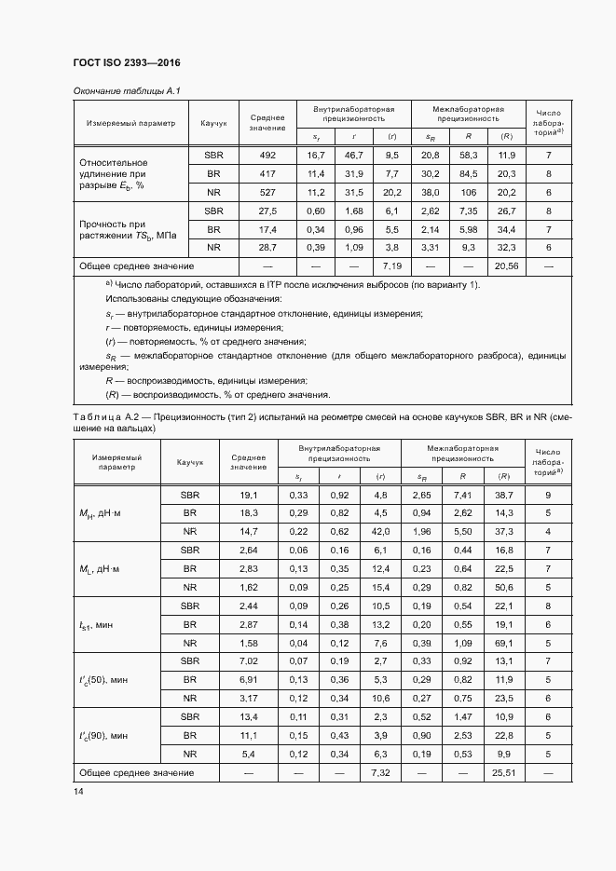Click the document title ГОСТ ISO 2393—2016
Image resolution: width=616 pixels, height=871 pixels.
point(126,63)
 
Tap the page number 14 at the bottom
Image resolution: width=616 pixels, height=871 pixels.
point(78,791)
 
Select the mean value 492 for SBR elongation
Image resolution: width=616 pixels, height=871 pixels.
point(267,155)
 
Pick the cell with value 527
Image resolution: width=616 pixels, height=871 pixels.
point(267,193)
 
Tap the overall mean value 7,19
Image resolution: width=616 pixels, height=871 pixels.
point(391,266)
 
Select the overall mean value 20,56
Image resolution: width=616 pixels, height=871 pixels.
point(506,266)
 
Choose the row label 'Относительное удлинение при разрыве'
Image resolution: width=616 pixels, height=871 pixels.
point(116,173)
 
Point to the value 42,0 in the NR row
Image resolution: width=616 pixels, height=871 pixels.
point(379,531)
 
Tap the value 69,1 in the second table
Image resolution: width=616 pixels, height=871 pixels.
point(504,643)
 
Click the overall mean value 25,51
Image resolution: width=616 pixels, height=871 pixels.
point(504,772)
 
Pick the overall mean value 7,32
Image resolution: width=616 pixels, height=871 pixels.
point(379,772)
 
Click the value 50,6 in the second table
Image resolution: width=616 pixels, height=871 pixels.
point(504,587)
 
